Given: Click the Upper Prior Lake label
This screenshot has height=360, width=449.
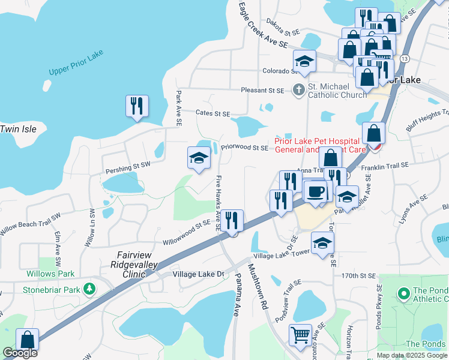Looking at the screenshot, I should point(76,63).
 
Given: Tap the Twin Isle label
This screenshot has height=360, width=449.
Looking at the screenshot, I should point(18,129).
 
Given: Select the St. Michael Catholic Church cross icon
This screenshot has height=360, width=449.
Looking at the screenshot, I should point(298,90).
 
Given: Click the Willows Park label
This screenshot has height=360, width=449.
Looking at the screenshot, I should point(50,274).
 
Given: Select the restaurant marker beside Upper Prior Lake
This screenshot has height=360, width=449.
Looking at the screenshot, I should point(137,106).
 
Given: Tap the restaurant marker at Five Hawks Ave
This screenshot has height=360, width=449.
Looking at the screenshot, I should point(232,220).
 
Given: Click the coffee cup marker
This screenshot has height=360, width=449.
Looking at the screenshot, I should point(315,191).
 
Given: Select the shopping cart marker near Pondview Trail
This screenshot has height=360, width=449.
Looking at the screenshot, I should point(300,335).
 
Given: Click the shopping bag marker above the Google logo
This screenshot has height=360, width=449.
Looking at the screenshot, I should point(27,340).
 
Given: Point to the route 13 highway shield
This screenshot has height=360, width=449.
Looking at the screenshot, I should point(405,59).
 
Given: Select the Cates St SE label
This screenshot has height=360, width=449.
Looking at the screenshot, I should point(213,113).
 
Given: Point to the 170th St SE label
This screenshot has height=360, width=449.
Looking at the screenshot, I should point(358,276).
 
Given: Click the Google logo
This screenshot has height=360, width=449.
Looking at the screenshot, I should point(20,353).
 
